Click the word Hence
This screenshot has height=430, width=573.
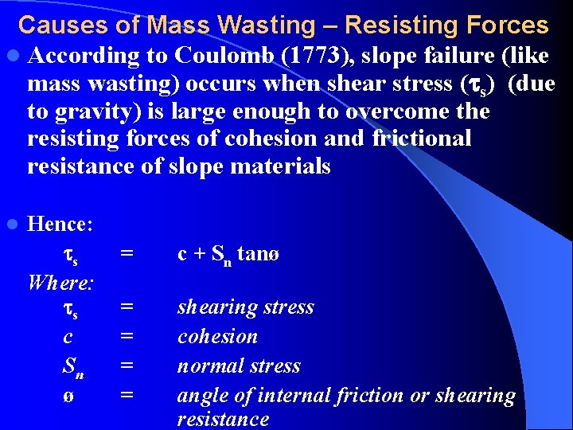tap(60, 224)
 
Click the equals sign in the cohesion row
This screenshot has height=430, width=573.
tap(126, 337)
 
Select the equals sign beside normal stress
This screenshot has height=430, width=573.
tap(126, 366)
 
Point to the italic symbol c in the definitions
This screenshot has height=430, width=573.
tap(68, 337)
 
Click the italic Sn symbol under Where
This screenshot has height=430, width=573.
tap(72, 367)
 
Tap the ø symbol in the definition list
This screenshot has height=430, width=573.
tap(68, 395)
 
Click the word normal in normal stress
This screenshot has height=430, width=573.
tap(205, 366)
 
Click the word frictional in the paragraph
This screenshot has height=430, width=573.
tap(421, 139)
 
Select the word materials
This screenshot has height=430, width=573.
tap(282, 166)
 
